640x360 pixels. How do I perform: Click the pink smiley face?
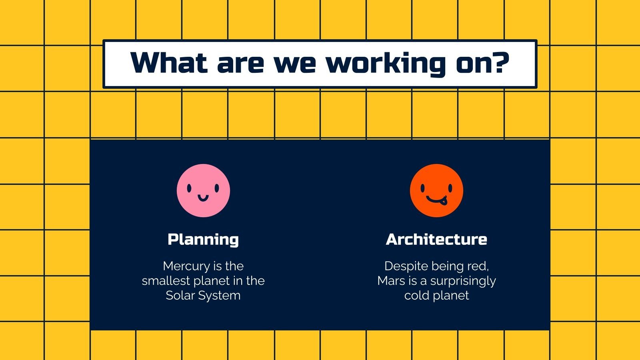tap(203, 190)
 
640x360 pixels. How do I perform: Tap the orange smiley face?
tap(436, 190)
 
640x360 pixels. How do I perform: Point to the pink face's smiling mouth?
tap(203, 197)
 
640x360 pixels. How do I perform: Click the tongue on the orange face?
tap(443, 201)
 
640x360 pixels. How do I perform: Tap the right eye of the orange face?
tap(450, 188)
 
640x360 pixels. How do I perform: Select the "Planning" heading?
tap(203, 239)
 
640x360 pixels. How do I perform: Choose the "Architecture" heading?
tap(436, 239)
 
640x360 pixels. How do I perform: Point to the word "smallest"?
tap(166, 281)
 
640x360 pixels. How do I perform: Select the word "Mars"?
tap(391, 281)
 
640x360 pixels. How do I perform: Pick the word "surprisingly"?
tap(463, 281)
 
